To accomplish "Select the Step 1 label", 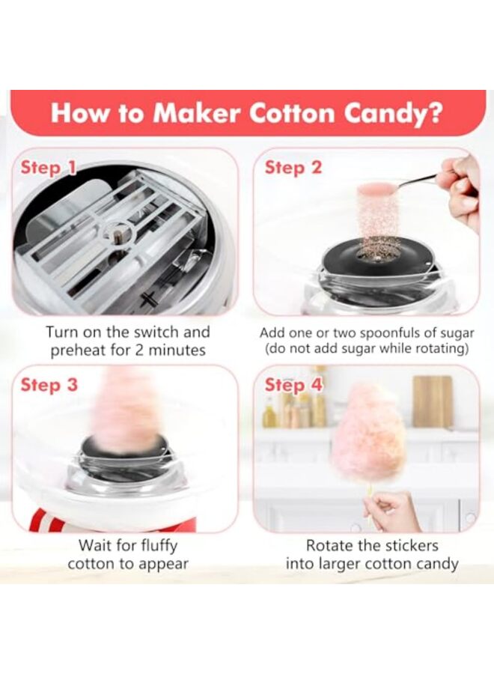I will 47,167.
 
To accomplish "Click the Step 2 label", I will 293,167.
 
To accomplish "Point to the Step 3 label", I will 49,385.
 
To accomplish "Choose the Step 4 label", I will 293,385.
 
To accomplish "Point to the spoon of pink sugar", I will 378,188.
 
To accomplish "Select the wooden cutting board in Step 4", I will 432,401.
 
